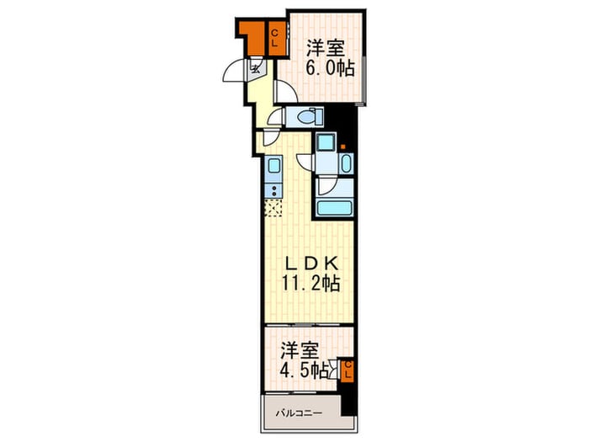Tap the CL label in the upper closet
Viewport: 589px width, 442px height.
tap(274, 38)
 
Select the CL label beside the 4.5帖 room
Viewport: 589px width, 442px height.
tap(348, 370)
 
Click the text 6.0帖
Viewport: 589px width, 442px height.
tap(330, 67)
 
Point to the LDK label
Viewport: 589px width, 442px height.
tap(312, 264)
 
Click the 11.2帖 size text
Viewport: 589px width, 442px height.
tap(311, 283)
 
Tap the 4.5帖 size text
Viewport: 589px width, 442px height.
tap(305, 371)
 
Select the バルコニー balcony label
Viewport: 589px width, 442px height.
tap(300, 413)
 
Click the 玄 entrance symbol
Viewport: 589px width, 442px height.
tap(256, 69)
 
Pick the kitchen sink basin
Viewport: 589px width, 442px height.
tap(273, 165)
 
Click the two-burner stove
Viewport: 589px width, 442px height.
tap(273, 191)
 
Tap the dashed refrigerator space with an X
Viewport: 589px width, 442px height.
tap(273, 208)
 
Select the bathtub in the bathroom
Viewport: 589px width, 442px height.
tap(335, 208)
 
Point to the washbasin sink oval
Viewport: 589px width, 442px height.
tap(346, 163)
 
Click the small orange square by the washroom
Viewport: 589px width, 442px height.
tap(343, 146)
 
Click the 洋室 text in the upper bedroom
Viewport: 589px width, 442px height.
tap(326, 48)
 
